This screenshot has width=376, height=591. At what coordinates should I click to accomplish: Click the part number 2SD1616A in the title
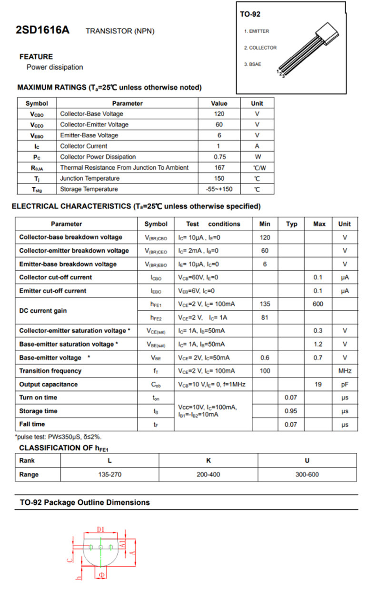tap(43, 30)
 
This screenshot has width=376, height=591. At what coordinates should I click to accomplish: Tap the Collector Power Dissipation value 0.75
tap(219, 157)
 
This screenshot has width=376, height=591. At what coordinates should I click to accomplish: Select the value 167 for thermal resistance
tap(219, 168)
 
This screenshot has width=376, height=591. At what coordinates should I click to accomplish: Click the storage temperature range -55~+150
tap(219, 189)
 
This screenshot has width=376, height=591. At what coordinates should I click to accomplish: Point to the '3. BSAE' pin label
tap(252, 64)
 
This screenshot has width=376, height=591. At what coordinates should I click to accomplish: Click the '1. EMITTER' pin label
tap(257, 31)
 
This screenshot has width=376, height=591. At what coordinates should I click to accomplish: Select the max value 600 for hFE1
tap(318, 304)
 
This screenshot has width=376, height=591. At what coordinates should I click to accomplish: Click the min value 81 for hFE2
tap(265, 317)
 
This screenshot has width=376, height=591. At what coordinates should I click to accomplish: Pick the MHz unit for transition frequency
tap(345, 371)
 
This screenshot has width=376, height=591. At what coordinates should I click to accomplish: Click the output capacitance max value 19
tap(318, 384)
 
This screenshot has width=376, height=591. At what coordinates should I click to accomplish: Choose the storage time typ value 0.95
tap(291, 411)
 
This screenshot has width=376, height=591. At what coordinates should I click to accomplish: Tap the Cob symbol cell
tap(156, 384)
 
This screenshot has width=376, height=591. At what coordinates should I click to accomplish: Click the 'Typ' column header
tap(291, 224)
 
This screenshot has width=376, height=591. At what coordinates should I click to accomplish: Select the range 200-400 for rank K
tap(208, 475)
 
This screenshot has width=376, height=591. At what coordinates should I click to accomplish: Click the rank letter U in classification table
tap(307, 460)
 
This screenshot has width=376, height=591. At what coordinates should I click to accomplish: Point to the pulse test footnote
tap(58, 437)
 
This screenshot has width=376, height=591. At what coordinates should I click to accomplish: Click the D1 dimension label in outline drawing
tap(100, 529)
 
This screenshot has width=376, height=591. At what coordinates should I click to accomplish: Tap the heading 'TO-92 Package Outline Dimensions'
tap(85, 502)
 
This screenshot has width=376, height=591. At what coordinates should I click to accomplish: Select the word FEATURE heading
tap(36, 57)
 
